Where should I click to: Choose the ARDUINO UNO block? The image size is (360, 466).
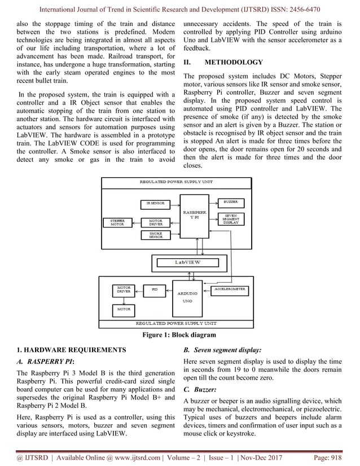[x=187, y=297]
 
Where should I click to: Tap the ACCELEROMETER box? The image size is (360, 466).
[x=230, y=289]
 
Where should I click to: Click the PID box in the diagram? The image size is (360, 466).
[x=154, y=289]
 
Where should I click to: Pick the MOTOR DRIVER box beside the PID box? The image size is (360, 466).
[x=124, y=289]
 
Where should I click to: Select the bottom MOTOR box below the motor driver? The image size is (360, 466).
[x=124, y=309]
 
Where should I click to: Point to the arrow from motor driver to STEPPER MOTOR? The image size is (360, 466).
[x=135, y=222]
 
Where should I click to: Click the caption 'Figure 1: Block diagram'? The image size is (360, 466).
[x=180, y=335]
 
